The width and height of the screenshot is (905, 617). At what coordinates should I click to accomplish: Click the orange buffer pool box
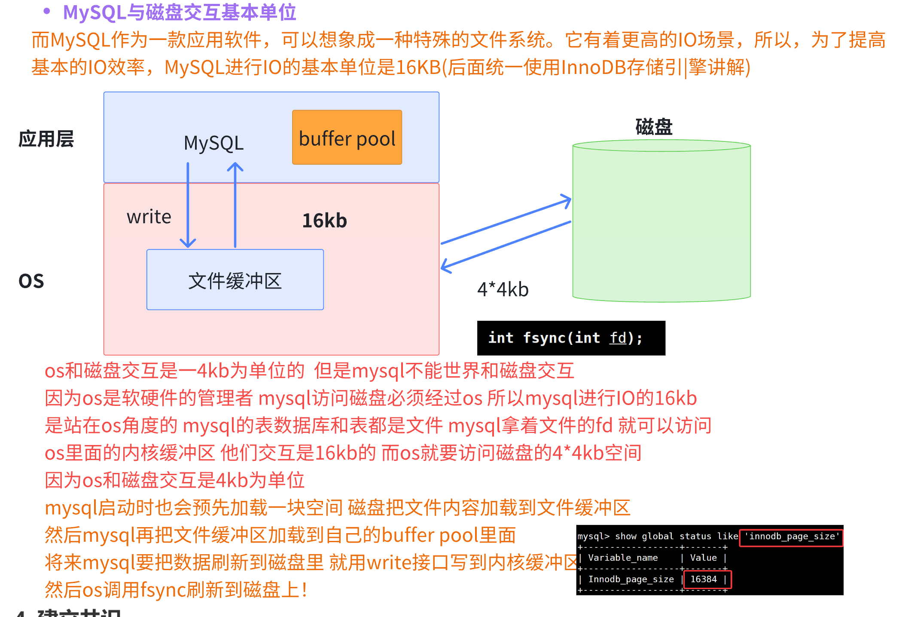[x=347, y=137]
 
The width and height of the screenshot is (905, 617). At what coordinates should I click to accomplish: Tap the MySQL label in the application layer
[x=213, y=143]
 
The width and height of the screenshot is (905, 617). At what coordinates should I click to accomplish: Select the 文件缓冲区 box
[x=235, y=279]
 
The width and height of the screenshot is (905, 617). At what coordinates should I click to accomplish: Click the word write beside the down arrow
[x=149, y=217]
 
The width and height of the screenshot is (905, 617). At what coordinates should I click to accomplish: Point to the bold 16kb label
[x=324, y=221]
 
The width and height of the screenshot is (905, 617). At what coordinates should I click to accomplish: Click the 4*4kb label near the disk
[x=503, y=289]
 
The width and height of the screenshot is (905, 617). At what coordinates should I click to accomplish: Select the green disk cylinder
[x=661, y=221]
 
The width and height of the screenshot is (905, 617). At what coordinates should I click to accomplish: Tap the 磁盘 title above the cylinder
[x=654, y=127]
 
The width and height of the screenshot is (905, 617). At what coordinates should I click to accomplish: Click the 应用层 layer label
[x=46, y=139]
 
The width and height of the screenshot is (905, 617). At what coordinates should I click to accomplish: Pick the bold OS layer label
[x=31, y=281]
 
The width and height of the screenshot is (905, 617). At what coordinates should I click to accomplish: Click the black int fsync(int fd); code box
[x=571, y=338]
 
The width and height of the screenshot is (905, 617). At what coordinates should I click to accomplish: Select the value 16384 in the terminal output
[x=704, y=579]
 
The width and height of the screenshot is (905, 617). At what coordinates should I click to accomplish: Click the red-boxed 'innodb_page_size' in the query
[x=791, y=537]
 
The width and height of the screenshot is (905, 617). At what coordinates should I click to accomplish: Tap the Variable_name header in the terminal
[x=623, y=558]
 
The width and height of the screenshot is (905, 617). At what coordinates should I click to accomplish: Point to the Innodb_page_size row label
[x=631, y=579]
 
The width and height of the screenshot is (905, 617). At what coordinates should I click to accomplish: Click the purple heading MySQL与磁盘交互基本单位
[x=180, y=12]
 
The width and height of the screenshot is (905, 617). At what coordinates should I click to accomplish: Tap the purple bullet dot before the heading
[x=47, y=12]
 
